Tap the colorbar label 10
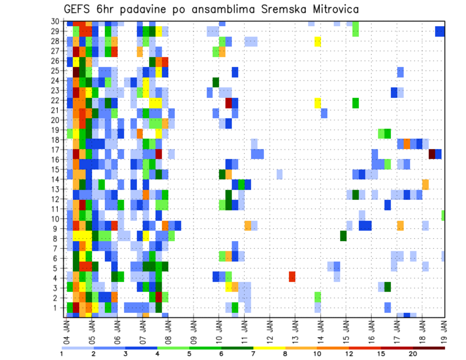click(317, 354)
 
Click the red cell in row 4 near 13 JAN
click(292, 277)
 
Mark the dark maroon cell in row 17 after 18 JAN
click(432, 154)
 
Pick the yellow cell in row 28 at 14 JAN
click(317, 42)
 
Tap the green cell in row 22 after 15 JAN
click(356, 103)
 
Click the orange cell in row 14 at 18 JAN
click(425, 184)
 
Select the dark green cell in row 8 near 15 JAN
click(343, 236)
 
